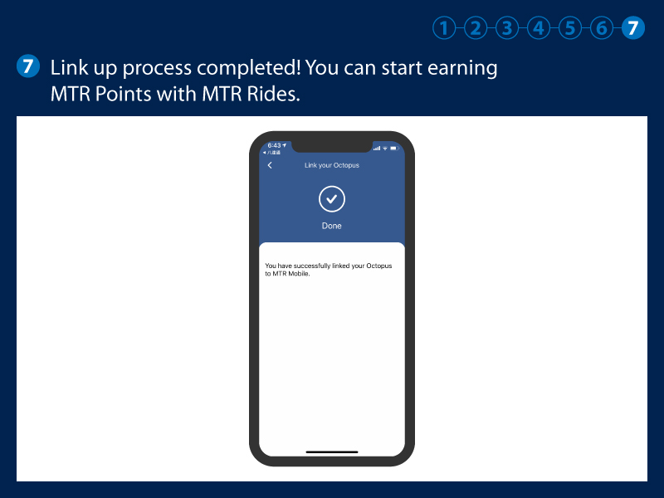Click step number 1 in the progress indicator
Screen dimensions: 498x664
point(445,28)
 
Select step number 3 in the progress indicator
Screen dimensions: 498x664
point(507,28)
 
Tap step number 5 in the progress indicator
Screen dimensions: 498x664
point(570,28)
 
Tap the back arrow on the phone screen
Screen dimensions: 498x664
point(270,165)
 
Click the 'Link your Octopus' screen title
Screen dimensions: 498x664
point(332,165)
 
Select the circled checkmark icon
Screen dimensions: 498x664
point(332,199)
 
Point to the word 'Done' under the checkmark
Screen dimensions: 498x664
point(332,226)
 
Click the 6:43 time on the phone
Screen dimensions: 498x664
point(273,145)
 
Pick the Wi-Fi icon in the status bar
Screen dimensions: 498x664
point(385,148)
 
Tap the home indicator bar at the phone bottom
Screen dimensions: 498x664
point(332,452)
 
